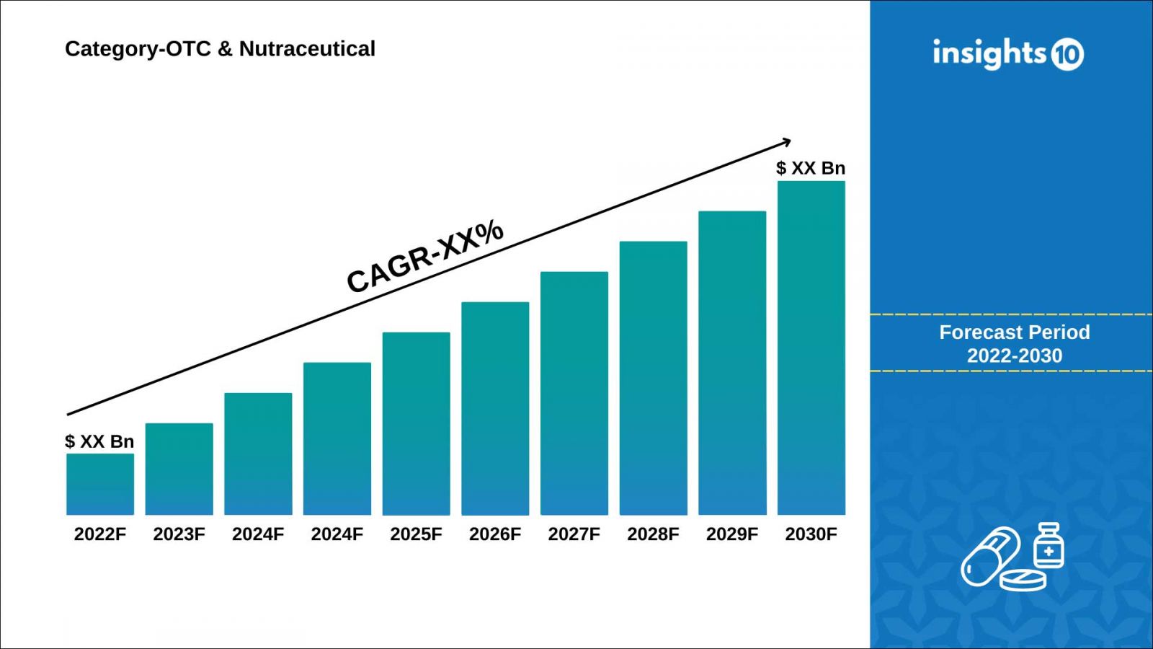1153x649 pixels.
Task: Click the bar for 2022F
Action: [100, 484]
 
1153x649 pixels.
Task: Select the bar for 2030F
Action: [811, 348]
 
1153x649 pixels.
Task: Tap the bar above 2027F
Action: [574, 393]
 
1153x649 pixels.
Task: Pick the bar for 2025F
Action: [416, 423]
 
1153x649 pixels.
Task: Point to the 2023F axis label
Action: [179, 534]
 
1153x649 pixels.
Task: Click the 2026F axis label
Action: [494, 534]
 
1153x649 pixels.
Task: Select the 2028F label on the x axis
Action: [653, 534]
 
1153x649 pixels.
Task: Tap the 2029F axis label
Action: [731, 534]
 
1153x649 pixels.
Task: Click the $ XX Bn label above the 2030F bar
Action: [811, 168]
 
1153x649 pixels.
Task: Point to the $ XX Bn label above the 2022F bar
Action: [99, 441]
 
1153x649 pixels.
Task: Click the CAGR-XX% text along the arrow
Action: [425, 256]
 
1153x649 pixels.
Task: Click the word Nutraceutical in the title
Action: [307, 49]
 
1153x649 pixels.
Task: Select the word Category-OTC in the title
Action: [138, 49]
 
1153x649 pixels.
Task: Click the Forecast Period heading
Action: [1014, 332]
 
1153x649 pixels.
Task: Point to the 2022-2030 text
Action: [1014, 356]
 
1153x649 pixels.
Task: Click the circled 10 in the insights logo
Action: [1067, 55]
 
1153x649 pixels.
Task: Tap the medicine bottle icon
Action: [1049, 546]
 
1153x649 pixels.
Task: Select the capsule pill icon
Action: [991, 555]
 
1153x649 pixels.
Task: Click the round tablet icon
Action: [1023, 580]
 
